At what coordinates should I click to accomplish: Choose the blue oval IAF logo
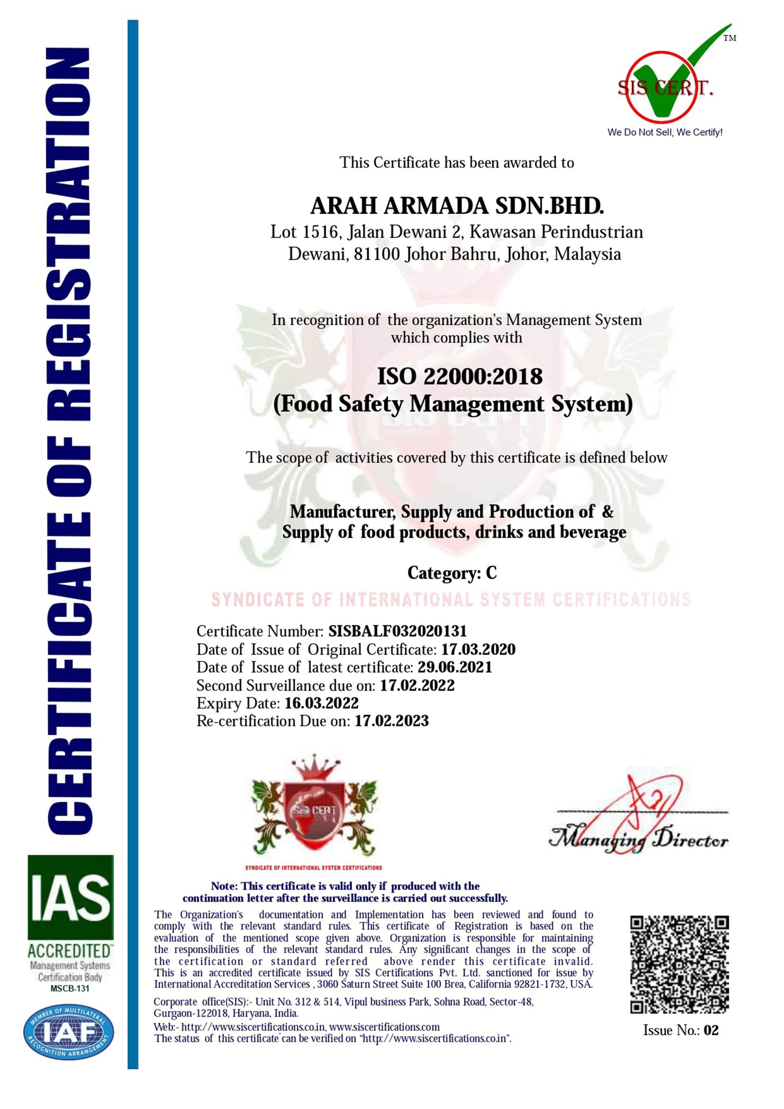69,1032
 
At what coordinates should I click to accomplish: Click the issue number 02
711,1030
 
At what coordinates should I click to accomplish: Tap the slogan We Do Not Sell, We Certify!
665,132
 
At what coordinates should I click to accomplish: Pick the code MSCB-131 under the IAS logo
70,988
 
